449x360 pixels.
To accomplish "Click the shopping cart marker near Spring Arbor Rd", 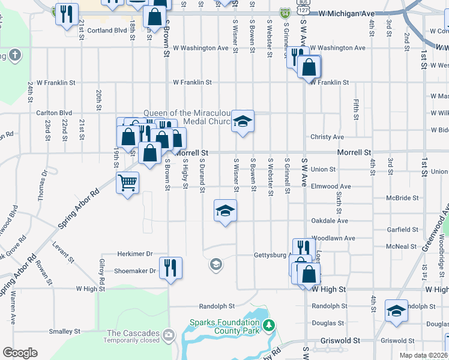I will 127,182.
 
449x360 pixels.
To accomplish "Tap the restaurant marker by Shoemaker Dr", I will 170,268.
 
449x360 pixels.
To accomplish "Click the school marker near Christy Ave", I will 243,121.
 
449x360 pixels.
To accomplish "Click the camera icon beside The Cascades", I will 169,334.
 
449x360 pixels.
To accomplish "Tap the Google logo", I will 20,353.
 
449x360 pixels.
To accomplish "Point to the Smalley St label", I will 64,331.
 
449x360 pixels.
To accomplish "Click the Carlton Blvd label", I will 53,112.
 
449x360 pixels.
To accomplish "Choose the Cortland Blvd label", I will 107,30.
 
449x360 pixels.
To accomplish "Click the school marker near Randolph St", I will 396,311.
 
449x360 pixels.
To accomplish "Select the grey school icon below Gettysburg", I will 216,264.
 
